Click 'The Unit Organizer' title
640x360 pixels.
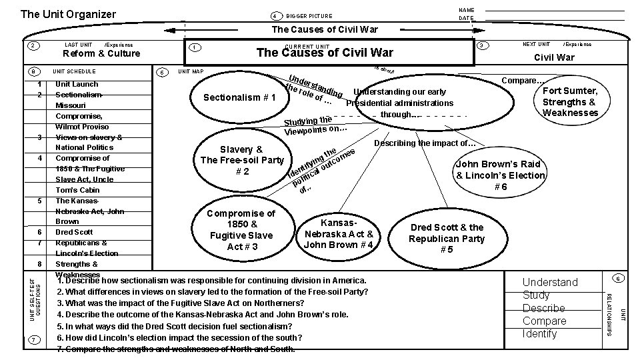click(x=68, y=14)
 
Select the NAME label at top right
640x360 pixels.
click(x=467, y=10)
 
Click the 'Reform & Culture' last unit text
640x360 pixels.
click(x=101, y=54)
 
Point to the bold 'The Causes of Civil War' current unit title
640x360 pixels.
click(x=325, y=53)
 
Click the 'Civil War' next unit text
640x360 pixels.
click(x=555, y=57)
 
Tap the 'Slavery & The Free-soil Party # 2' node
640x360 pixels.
click(x=242, y=160)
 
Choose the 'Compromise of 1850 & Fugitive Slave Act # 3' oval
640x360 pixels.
click(x=241, y=230)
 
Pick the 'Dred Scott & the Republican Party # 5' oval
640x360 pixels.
click(x=447, y=239)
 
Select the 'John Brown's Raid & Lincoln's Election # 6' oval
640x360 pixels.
click(x=500, y=175)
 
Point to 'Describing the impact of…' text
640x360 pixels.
click(x=425, y=143)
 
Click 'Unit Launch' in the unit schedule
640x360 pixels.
click(x=77, y=84)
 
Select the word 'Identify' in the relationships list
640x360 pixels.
click(x=540, y=333)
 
